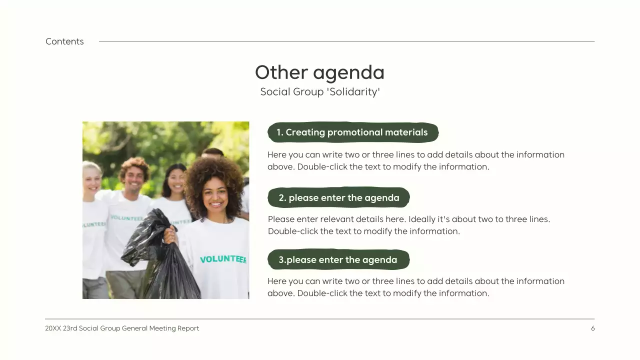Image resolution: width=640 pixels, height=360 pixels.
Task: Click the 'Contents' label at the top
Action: coord(64,41)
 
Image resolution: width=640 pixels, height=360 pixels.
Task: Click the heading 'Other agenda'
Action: coord(319,72)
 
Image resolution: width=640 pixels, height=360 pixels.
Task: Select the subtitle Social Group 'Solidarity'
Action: coord(320,92)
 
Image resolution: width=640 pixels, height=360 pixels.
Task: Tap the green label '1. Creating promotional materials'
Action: coord(352,132)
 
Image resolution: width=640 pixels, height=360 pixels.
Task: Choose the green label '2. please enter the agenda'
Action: coord(338,198)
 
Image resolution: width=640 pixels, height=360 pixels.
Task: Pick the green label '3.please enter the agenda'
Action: coord(338,260)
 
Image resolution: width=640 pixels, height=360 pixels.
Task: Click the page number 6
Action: coord(593,328)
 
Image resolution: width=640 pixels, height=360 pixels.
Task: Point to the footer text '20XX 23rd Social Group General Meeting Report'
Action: coord(122,328)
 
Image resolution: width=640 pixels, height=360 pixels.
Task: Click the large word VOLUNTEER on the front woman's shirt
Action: coord(223,259)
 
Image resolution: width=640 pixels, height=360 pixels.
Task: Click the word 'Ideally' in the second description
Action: coord(423,219)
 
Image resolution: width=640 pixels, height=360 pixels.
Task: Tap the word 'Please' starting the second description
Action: coord(280,219)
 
